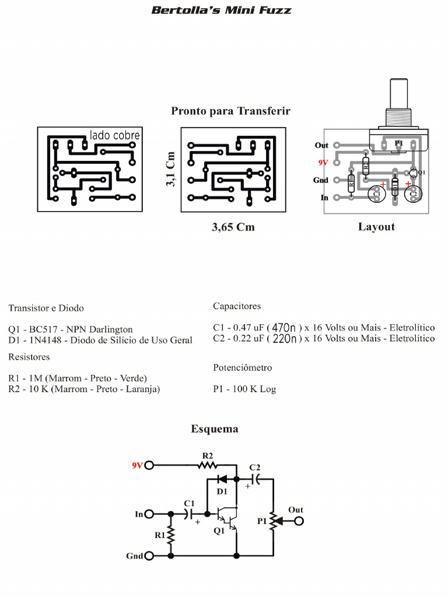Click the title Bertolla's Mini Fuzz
(x=221, y=10)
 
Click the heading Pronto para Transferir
(x=230, y=111)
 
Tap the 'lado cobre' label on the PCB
(x=115, y=135)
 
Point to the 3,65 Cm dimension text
(x=233, y=227)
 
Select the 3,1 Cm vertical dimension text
(x=170, y=169)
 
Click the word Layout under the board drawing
(x=376, y=227)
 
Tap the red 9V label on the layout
(x=323, y=163)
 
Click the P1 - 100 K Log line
(x=244, y=389)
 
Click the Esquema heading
(x=215, y=429)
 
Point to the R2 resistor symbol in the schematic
(x=207, y=465)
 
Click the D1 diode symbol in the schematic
(x=222, y=479)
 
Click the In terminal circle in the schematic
(x=149, y=514)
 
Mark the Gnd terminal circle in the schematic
(x=149, y=556)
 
